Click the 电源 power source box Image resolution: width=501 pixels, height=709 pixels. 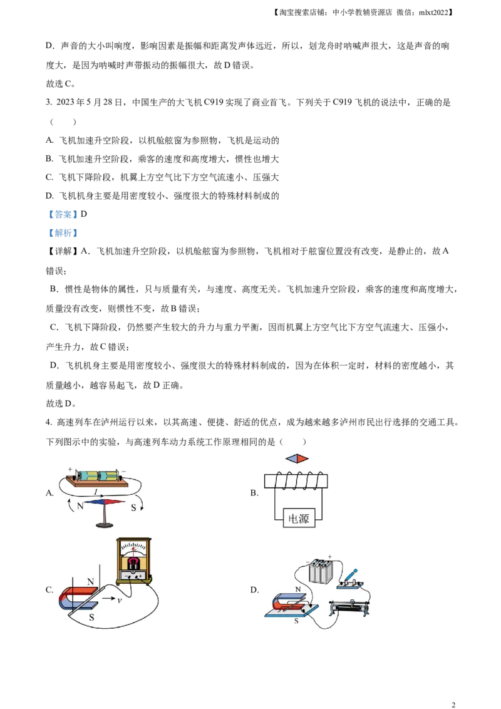pyautogui.click(x=298, y=518)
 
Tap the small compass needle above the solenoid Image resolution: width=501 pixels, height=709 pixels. pyautogui.click(x=297, y=458)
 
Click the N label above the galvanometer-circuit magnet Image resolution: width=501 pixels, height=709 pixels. pyautogui.click(x=91, y=582)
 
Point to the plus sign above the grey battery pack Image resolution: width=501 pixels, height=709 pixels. pyautogui.click(x=330, y=556)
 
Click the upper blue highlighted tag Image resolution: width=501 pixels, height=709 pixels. pyautogui.click(x=63, y=214)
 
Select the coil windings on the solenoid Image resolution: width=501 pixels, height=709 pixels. pyautogui.click(x=295, y=481)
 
